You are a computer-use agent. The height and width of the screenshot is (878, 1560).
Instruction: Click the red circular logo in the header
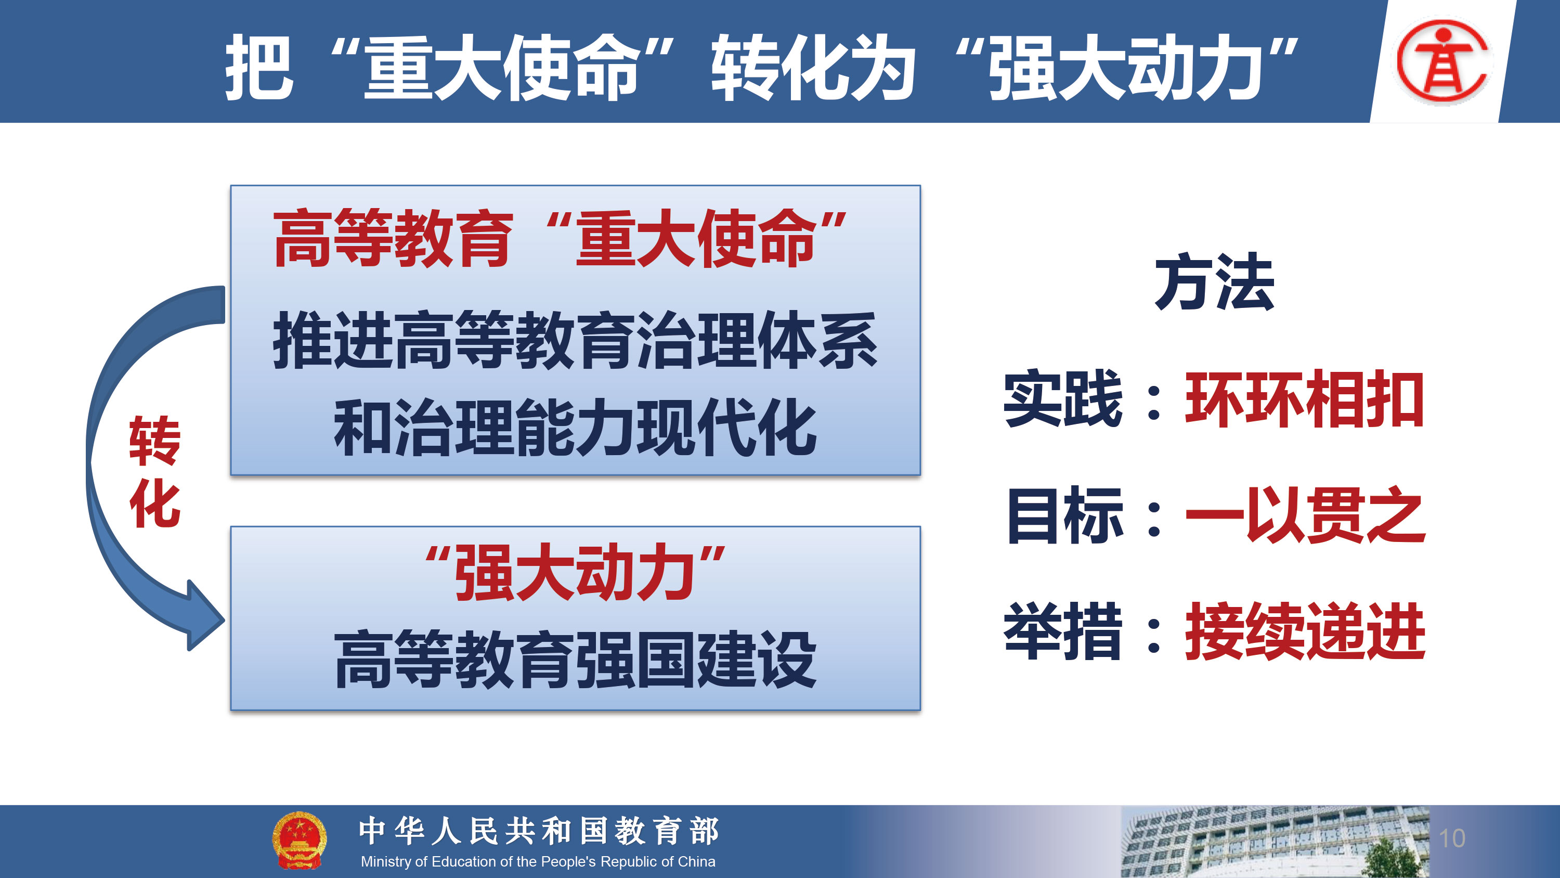(1443, 60)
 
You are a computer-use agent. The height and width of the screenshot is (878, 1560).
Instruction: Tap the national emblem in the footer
(299, 841)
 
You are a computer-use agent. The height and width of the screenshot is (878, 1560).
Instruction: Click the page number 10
(1452, 838)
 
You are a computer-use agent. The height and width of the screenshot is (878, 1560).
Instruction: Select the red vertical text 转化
(155, 471)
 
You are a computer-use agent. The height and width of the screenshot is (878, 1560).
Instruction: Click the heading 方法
(1214, 282)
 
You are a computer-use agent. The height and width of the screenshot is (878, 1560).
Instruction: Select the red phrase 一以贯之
(1305, 515)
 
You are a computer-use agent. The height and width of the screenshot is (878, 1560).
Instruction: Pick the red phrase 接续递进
(1305, 631)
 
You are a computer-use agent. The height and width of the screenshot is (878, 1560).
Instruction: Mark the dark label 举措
(1063, 631)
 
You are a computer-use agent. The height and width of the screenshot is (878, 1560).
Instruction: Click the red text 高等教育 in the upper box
(393, 238)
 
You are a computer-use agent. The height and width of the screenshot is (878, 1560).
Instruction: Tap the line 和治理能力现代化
(575, 428)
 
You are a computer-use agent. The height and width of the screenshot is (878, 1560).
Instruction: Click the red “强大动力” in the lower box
(575, 572)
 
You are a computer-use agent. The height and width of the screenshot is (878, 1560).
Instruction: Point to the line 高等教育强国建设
(575, 659)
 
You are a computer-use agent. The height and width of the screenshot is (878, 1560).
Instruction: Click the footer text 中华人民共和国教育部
(538, 831)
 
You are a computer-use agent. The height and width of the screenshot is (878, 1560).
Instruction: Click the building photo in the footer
(1275, 842)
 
